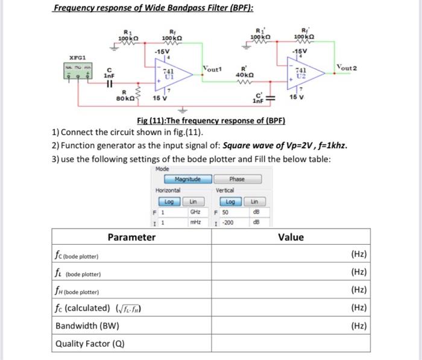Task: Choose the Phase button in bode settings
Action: (237, 179)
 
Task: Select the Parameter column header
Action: (131, 237)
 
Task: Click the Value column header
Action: (291, 237)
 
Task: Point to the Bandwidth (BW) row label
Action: (87, 326)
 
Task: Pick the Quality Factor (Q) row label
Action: (90, 344)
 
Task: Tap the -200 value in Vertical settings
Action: (228, 223)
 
